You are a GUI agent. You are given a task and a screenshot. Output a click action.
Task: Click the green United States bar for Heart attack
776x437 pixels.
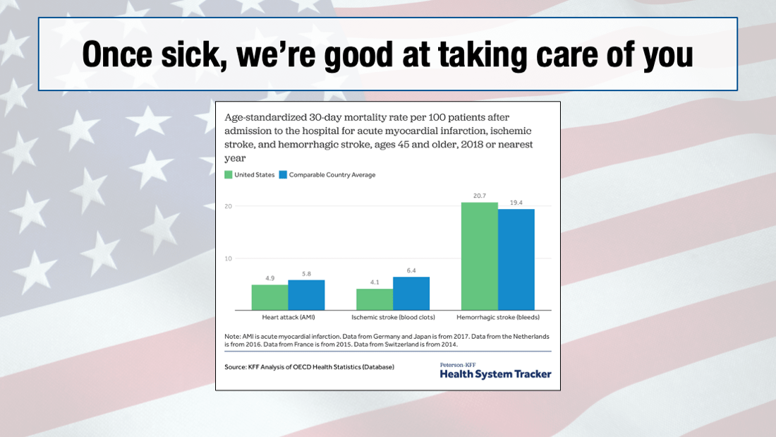pyautogui.click(x=270, y=297)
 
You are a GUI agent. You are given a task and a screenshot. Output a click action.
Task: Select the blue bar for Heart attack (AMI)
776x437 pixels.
pyautogui.click(x=306, y=295)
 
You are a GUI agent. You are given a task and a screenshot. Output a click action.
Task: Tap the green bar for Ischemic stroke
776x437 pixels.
pyautogui.click(x=375, y=299)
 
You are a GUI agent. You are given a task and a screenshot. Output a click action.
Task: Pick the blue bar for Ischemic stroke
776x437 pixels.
pyautogui.click(x=411, y=293)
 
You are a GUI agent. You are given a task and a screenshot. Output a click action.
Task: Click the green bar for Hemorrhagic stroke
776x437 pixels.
pyautogui.click(x=480, y=256)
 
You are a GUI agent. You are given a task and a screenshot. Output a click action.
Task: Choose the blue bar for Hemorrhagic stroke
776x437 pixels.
pyautogui.click(x=516, y=259)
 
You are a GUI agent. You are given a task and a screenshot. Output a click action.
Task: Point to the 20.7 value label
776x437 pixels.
pyautogui.click(x=480, y=196)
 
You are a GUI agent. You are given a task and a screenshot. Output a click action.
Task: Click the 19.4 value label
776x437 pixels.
pyautogui.click(x=516, y=203)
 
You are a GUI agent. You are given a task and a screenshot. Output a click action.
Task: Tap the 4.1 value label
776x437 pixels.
pyautogui.click(x=375, y=282)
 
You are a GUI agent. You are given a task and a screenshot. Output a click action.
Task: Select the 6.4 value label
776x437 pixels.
pyautogui.click(x=411, y=270)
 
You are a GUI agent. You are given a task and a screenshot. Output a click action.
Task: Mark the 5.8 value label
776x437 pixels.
pyautogui.click(x=306, y=273)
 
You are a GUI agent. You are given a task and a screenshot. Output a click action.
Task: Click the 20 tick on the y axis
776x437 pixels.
pyautogui.click(x=229, y=206)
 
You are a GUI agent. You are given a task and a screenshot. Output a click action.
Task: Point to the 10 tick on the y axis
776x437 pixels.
pyautogui.click(x=229, y=258)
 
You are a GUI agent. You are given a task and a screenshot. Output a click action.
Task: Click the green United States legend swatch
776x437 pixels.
pyautogui.click(x=229, y=175)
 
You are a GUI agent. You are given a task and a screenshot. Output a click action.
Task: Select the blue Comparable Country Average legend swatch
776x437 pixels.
pyautogui.click(x=283, y=175)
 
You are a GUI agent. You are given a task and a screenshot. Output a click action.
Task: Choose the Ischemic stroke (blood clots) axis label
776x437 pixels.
pyautogui.click(x=393, y=318)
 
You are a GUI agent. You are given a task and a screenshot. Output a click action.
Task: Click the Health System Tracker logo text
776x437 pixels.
pyautogui.click(x=495, y=374)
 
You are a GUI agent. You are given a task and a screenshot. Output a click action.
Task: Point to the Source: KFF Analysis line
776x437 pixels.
pyautogui.click(x=310, y=367)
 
